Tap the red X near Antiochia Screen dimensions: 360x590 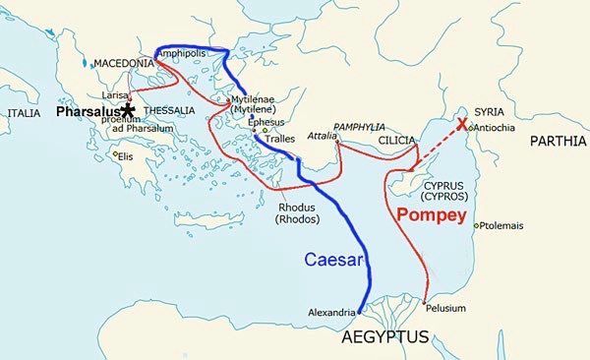pos(462,125)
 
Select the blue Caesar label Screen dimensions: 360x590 pos(333,261)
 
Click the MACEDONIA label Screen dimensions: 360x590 pos(123,63)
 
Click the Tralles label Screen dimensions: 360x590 pos(279,140)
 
